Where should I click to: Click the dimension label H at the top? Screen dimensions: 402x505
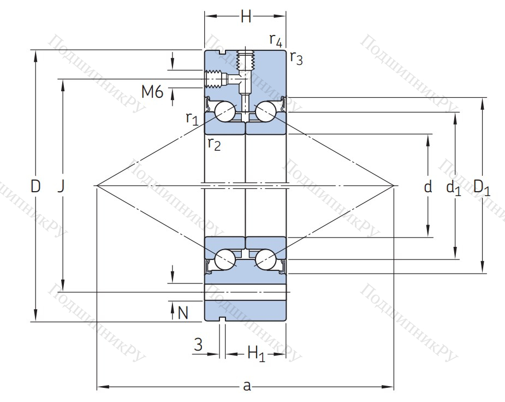coord(246,17)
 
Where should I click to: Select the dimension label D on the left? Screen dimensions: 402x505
coord(35,187)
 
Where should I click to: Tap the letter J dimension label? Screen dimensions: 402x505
coord(61,187)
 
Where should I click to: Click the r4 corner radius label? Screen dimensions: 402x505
coord(276,40)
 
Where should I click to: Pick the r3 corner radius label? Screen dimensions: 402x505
coord(295,57)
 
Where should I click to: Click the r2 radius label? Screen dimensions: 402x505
coord(213,144)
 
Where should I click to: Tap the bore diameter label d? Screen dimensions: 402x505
coord(428,187)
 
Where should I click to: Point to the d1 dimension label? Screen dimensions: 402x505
coord(454,188)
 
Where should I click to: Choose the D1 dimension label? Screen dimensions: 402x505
coord(482,187)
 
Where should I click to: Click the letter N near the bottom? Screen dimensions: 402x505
coord(183,312)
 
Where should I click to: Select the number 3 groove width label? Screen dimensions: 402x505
coord(198,344)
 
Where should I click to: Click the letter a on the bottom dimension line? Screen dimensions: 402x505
coord(247,386)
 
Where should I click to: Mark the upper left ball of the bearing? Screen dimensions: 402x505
coord(225,112)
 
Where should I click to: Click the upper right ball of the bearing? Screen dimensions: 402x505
coord(265,112)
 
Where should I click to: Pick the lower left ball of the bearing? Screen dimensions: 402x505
coord(225,259)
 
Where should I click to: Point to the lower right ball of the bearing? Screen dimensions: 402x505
coord(265,259)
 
